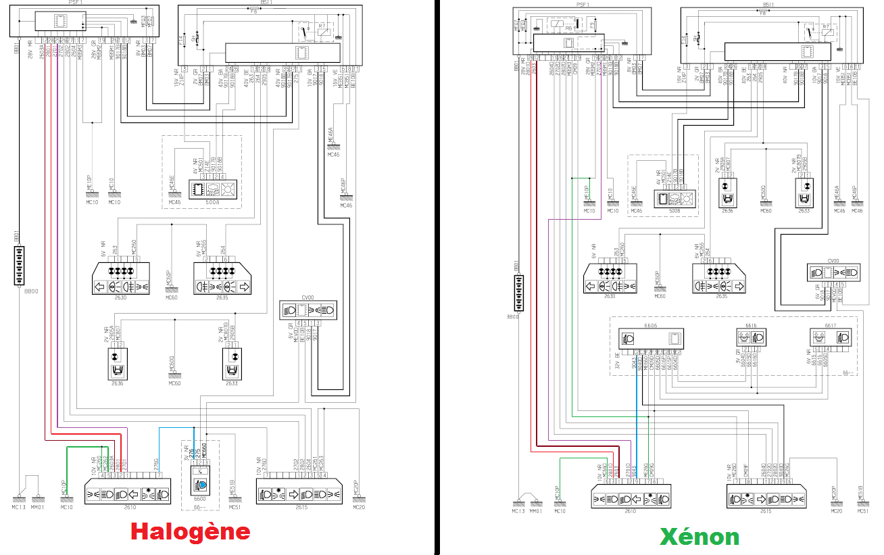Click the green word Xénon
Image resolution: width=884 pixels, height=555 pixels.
click(x=699, y=536)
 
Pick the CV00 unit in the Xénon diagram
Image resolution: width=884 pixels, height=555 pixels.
click(x=835, y=272)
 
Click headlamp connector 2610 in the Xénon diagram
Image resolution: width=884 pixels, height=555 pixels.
click(x=630, y=498)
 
